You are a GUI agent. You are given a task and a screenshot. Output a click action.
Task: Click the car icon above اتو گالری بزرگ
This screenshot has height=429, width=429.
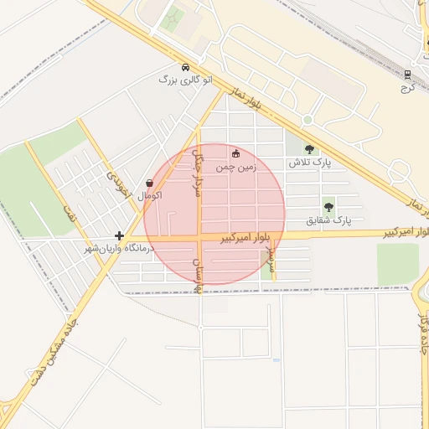pos(184,67)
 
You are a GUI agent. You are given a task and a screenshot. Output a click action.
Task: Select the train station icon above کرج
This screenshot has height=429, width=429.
pos(408,74)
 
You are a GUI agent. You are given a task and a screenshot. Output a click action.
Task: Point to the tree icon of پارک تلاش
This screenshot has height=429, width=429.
pos(310,150)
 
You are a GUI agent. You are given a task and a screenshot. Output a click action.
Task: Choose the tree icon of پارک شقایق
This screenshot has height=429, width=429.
pos(328,206)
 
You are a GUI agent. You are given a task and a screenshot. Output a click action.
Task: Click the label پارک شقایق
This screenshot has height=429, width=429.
pos(327,220)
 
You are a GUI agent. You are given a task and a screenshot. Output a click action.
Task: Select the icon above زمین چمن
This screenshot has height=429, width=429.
pos(235,153)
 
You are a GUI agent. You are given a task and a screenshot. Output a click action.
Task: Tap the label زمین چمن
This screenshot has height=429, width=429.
pos(235,167)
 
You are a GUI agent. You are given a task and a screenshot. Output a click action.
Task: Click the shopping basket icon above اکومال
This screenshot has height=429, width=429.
pos(149,183)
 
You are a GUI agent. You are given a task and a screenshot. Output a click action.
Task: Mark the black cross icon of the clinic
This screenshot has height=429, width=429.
pos(120,236)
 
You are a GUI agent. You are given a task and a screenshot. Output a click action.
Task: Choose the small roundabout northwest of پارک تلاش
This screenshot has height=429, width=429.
pos(307,120)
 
